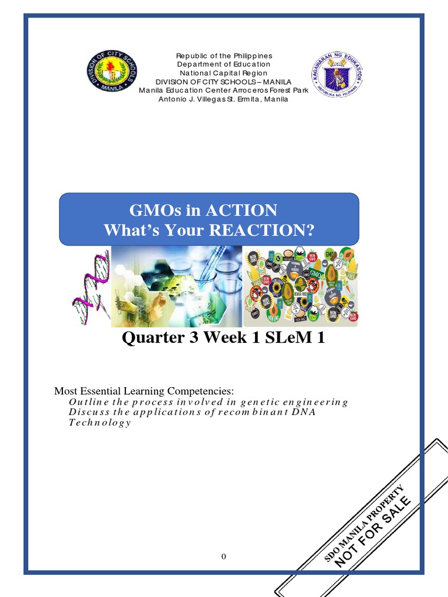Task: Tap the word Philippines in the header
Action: tap(252, 55)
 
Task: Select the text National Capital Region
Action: tap(224, 73)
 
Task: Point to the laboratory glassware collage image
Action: tap(176, 286)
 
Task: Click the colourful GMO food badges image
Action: tap(300, 286)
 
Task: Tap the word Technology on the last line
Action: tap(100, 423)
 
